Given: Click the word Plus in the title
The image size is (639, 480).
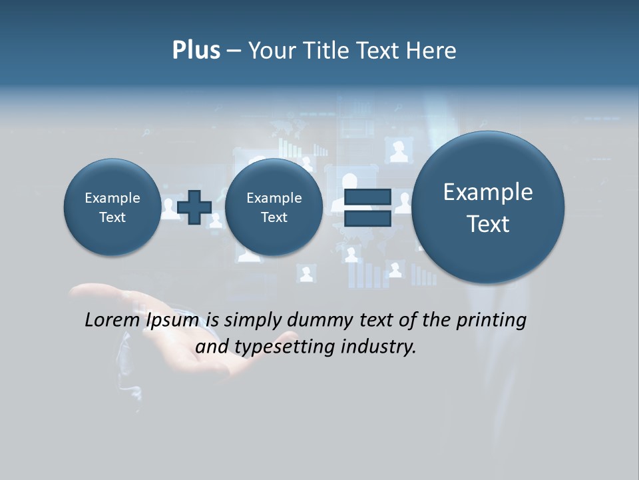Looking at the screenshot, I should [196, 51].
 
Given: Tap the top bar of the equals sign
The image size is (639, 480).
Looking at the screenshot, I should [367, 197].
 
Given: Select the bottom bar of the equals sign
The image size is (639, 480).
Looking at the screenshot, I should [367, 219].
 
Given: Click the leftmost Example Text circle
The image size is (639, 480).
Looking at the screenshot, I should [112, 207].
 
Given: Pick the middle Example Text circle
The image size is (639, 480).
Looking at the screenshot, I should [274, 207].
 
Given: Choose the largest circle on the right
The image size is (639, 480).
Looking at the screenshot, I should [488, 207].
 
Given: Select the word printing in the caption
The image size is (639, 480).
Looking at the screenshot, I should [491, 320].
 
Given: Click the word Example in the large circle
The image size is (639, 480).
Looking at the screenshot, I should [488, 192].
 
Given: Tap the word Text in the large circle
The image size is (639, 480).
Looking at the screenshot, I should [488, 224].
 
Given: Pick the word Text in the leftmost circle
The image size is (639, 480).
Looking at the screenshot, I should [112, 217].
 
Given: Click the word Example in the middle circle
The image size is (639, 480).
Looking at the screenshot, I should [274, 198].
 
